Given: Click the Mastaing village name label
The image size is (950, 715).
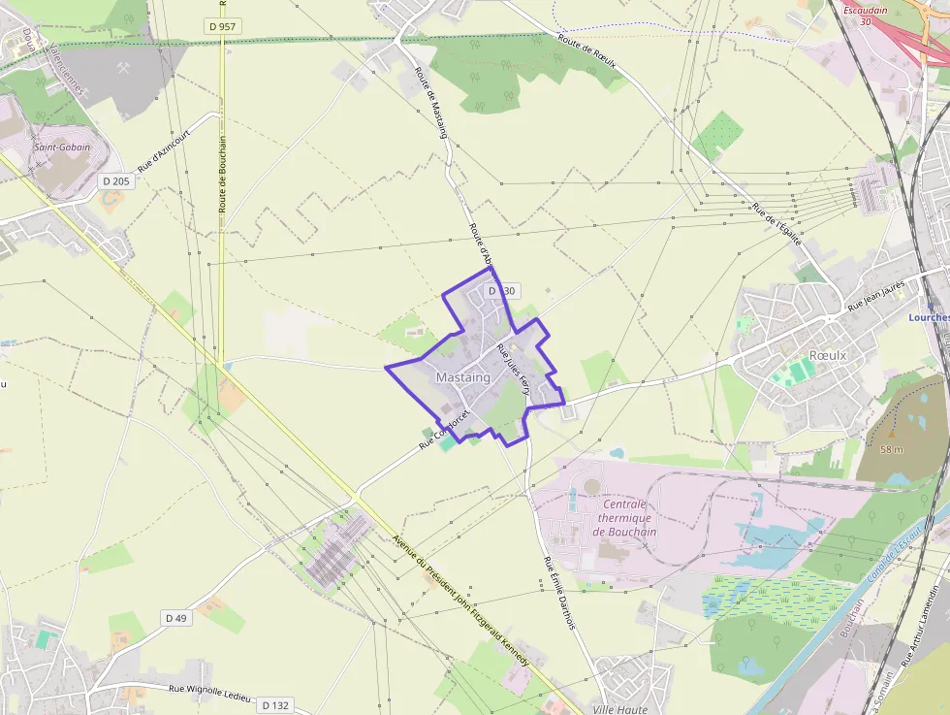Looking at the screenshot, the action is coord(463,376).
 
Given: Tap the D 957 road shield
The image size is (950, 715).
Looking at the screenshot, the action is coord(222,26).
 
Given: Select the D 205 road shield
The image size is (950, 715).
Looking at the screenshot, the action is coord(116,180).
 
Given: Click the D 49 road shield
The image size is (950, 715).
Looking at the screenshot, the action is coord(175,618).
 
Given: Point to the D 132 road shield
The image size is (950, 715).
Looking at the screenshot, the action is coord(275,705).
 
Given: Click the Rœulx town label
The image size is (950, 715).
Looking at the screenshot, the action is coord(827,356).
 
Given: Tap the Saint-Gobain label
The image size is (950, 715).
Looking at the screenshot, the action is coord(61,147).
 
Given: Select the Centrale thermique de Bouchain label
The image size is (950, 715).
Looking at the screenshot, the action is coord(624,518).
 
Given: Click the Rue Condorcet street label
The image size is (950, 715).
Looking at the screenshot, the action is coord(444,428).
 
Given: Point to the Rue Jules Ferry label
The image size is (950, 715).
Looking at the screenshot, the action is coord(514,368).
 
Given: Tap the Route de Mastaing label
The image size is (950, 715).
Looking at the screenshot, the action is coord(430,103).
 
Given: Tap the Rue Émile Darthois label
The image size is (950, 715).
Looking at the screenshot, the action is coord(559,593).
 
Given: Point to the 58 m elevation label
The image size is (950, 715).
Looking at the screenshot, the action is coord(892,449).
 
